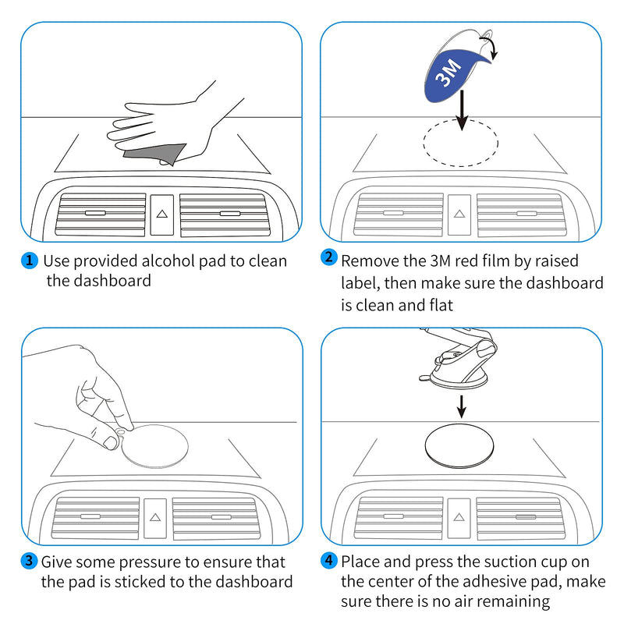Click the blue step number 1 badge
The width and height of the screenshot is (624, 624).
tap(29, 261)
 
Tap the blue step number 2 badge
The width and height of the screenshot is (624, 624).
tap(328, 257)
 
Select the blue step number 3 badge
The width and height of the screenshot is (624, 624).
tap(29, 561)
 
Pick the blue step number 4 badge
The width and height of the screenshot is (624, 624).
tap(328, 560)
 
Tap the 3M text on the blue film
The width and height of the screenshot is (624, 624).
tap(448, 73)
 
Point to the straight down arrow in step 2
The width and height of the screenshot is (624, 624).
tap(462, 111)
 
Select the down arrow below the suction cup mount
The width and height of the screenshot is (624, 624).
tap(461, 406)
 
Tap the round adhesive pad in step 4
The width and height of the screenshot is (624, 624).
tap(459, 445)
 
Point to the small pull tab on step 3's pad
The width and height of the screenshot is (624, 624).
tap(121, 431)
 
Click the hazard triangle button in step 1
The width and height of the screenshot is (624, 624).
tap(162, 214)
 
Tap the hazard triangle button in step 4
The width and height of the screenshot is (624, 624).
tap(459, 517)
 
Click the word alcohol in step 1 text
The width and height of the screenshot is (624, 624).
tap(168, 261)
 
